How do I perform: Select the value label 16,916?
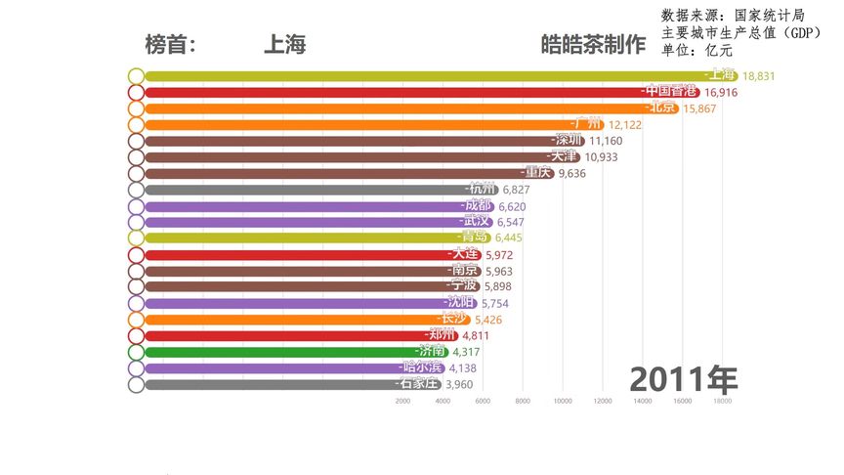coord(719,93)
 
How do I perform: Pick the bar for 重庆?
coord(342,173)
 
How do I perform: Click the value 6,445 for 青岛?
coord(509,237)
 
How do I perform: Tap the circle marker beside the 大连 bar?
coord(136,254)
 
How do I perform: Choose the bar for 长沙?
coord(293,320)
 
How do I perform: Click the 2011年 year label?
coord(683,377)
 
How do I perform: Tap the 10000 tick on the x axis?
coord(563,401)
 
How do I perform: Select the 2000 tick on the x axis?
coord(402,401)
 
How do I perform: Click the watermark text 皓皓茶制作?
coord(593,45)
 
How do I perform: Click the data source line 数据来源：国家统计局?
coord(733,15)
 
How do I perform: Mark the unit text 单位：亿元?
coord(696,50)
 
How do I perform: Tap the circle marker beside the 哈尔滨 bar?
coord(136,368)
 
